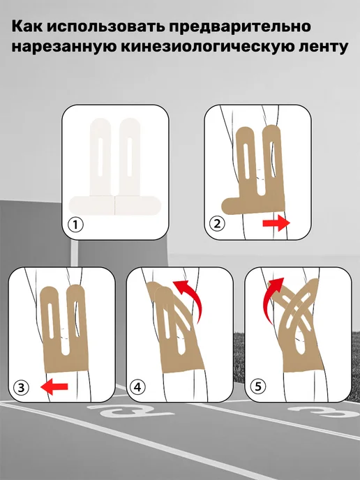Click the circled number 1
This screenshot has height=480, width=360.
(75, 225)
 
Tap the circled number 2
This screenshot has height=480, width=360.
(217, 224)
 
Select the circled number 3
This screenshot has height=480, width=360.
(21, 387)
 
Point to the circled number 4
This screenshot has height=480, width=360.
(137, 387)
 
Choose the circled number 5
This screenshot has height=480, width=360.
(258, 387)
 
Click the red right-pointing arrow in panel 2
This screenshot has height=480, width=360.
(276, 223)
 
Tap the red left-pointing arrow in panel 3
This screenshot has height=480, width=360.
(54, 387)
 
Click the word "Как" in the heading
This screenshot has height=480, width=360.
(27, 27)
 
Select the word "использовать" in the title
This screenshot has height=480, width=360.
(105, 27)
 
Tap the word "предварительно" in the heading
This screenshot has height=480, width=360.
(240, 27)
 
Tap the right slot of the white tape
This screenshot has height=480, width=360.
(130, 157)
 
